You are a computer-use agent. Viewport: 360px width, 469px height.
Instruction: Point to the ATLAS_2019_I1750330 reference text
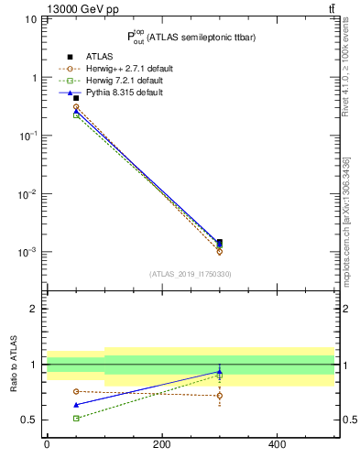click(191, 274)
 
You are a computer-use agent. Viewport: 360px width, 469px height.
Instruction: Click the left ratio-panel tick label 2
click(35, 309)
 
